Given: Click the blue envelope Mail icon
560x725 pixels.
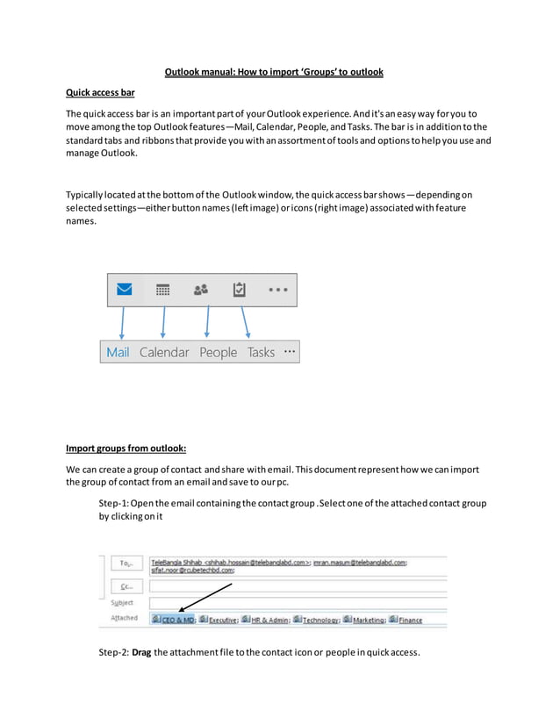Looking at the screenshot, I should tap(125, 289).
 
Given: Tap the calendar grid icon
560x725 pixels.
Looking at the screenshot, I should tap(162, 289).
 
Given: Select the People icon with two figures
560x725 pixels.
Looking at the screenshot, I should tap(201, 289).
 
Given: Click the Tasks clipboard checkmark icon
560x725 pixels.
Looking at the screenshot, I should tap(238, 289).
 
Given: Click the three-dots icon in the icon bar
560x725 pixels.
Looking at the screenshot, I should tap(277, 289).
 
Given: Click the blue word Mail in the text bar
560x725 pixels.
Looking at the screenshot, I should tap(118, 352).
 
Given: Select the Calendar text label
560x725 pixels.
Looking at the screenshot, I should tap(164, 352).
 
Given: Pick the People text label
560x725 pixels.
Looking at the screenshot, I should tap(218, 352).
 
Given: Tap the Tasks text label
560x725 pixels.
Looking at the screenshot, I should tap(261, 352).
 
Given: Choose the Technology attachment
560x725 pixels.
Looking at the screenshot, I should tap(317, 619).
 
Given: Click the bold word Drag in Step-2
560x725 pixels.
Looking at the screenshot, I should tap(142, 651).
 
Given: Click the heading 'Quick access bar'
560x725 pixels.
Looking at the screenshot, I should tap(100, 93).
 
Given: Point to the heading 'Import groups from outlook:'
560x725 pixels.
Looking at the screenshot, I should tap(126, 448).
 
